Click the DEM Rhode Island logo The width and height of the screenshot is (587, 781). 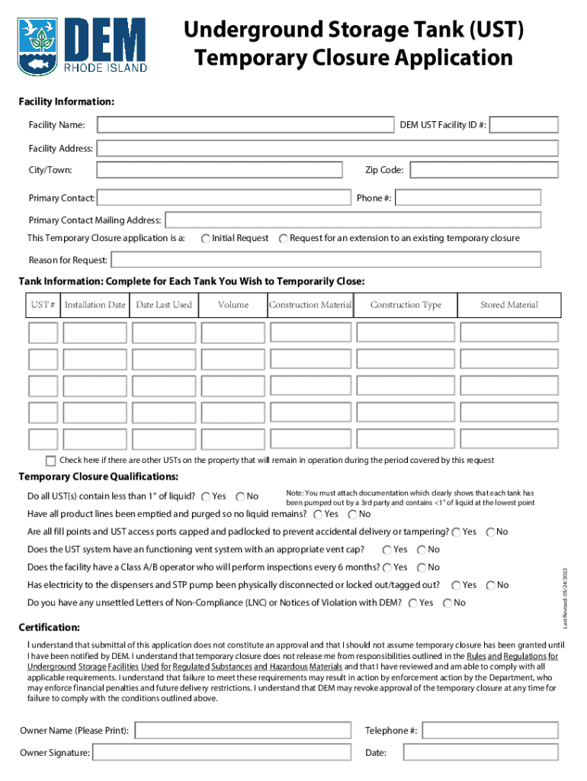[x=82, y=45]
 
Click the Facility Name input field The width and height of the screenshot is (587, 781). [x=243, y=125]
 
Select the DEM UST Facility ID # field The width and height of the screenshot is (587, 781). [x=524, y=125]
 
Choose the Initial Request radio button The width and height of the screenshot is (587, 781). [x=206, y=239]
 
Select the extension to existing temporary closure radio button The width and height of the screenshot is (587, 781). [x=284, y=239]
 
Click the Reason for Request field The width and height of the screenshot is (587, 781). [x=326, y=260]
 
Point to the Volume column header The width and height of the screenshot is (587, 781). [x=233, y=305]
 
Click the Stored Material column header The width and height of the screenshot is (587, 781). [x=508, y=305]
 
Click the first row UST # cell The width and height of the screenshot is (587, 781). [x=43, y=333]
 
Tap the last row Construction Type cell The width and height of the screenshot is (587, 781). [x=406, y=439]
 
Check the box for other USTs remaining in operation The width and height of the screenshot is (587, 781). [x=51, y=461]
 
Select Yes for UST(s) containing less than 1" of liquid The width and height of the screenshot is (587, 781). [x=207, y=497]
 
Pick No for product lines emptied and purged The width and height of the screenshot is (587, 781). [x=353, y=514]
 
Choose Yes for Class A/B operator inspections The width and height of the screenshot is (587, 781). [x=387, y=567]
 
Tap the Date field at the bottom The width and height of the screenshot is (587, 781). [x=481, y=753]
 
